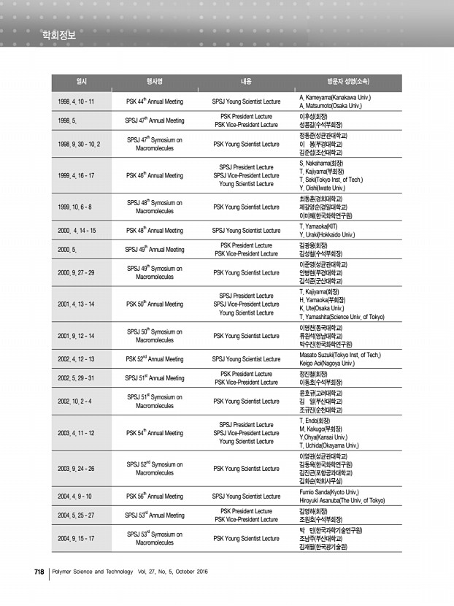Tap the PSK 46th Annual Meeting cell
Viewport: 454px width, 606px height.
tap(154, 175)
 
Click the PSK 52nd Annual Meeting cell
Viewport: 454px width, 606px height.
tap(154, 358)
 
